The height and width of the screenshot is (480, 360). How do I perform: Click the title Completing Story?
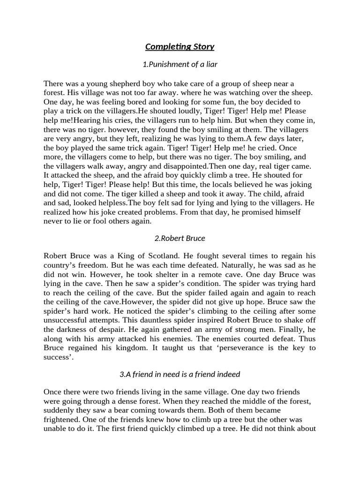(180, 46)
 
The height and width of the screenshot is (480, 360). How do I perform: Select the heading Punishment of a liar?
(180, 64)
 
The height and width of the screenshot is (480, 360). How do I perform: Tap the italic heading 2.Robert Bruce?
(180, 238)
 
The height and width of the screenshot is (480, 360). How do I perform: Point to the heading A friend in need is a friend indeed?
(180, 374)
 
